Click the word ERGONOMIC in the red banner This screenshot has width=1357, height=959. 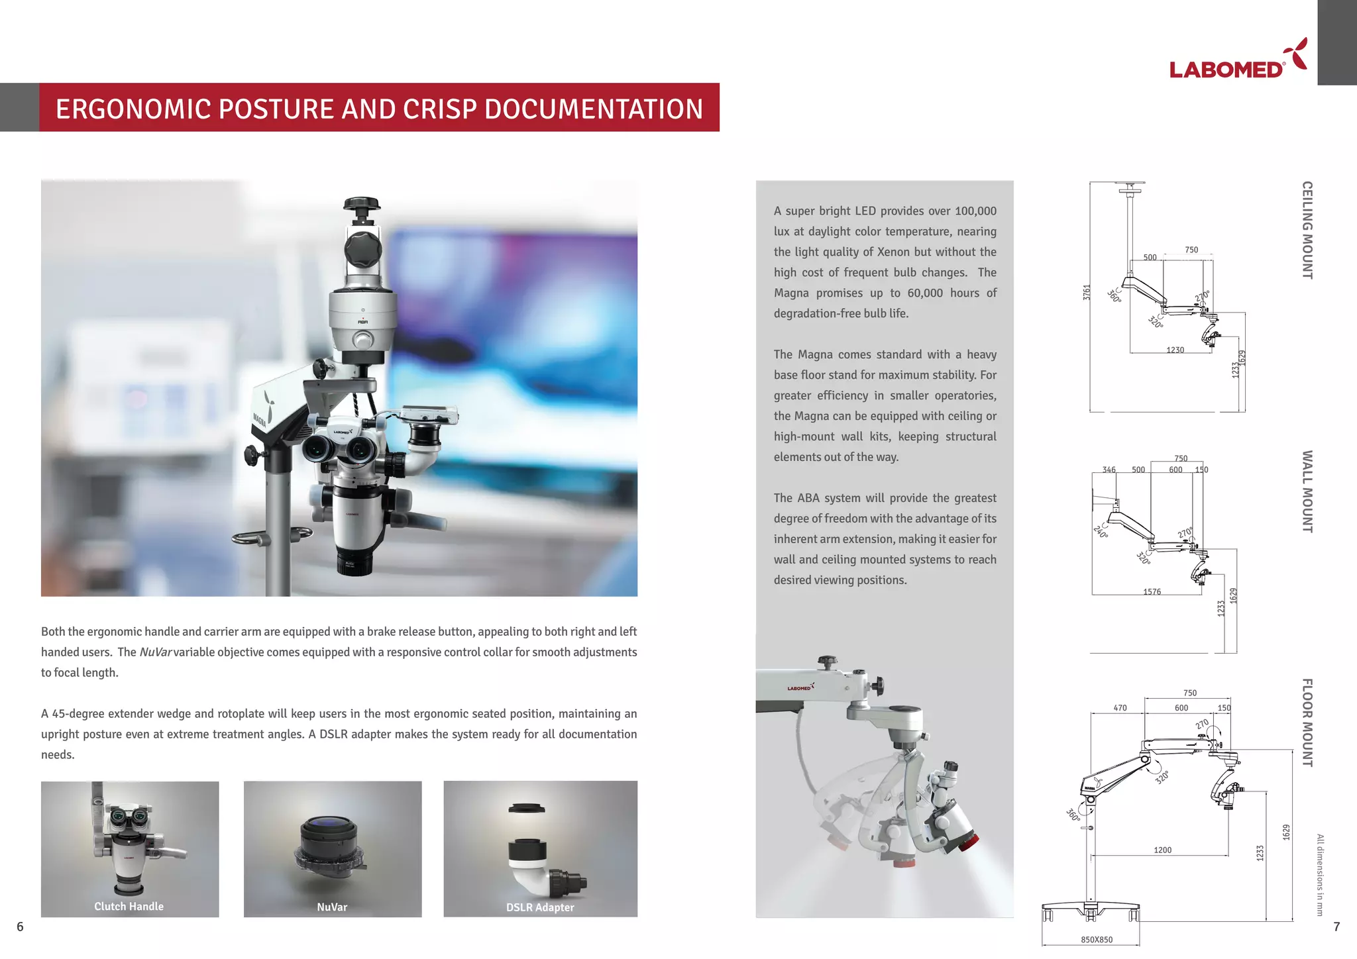click(x=133, y=109)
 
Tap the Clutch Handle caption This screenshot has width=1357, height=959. click(x=129, y=906)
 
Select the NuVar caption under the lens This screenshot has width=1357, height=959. click(x=332, y=907)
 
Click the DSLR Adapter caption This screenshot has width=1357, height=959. click(x=540, y=907)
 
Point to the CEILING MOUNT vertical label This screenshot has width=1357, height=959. click(x=1307, y=230)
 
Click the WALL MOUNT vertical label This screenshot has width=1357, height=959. click(x=1307, y=491)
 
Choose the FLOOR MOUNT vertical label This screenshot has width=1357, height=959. click(x=1307, y=723)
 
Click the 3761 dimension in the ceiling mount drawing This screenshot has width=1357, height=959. click(x=1087, y=292)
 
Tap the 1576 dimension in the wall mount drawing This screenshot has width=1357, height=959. click(x=1152, y=591)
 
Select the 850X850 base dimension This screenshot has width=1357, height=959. click(x=1097, y=939)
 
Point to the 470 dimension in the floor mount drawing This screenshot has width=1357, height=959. click(x=1120, y=708)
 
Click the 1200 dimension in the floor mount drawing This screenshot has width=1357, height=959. click(x=1162, y=850)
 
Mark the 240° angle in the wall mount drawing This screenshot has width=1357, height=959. click(x=1101, y=531)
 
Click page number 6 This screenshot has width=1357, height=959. click(x=20, y=927)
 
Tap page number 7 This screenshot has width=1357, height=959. click(x=1336, y=927)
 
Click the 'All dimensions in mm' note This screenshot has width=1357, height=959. click(x=1319, y=875)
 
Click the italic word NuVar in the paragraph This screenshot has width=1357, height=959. click(x=156, y=652)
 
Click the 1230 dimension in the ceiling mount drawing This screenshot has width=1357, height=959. click(x=1175, y=350)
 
